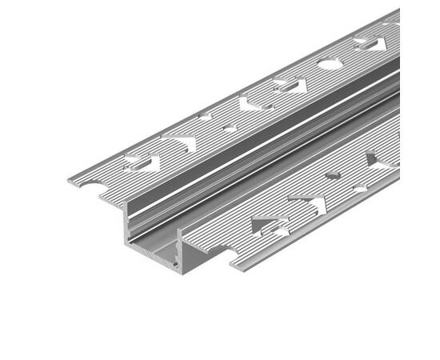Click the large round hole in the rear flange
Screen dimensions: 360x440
click(x=330, y=64)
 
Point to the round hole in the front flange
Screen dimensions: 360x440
click(x=333, y=175)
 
